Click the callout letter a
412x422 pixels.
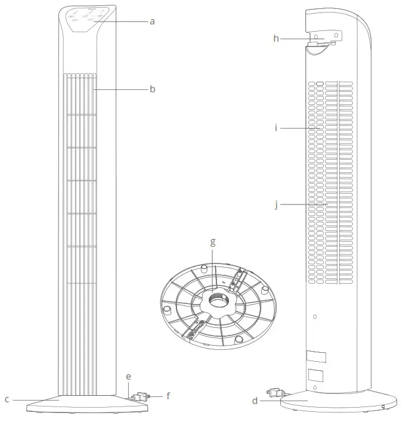[x=152, y=21]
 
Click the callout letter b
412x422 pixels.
[x=152, y=89]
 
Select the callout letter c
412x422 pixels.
[x=7, y=399]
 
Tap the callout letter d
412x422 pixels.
[x=255, y=401]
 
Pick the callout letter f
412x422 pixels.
[x=168, y=395]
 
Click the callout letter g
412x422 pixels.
[x=213, y=243]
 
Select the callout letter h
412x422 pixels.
[x=276, y=39]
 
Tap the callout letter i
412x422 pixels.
[x=276, y=128]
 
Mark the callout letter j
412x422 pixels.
[x=276, y=204]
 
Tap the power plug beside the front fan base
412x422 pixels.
[x=141, y=396]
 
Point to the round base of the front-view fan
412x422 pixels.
[x=88, y=404]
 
